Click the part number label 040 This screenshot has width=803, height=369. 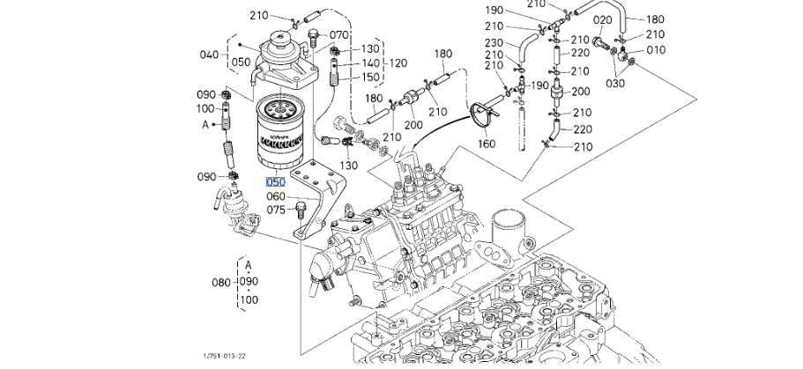pos(209,55)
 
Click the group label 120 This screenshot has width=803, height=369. pos(398,63)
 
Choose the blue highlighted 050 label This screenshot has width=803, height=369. pos(276,181)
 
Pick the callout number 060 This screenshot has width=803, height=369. pos(276,196)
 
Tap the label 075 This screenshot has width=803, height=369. pos(276,210)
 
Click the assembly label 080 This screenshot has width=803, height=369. pos(221,283)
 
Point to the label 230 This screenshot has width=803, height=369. pos(493,42)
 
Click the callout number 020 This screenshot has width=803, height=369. pos(603,19)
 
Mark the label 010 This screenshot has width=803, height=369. pos(656,50)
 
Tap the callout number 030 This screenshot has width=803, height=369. pos(615,83)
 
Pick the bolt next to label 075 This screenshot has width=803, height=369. pos(303,209)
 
